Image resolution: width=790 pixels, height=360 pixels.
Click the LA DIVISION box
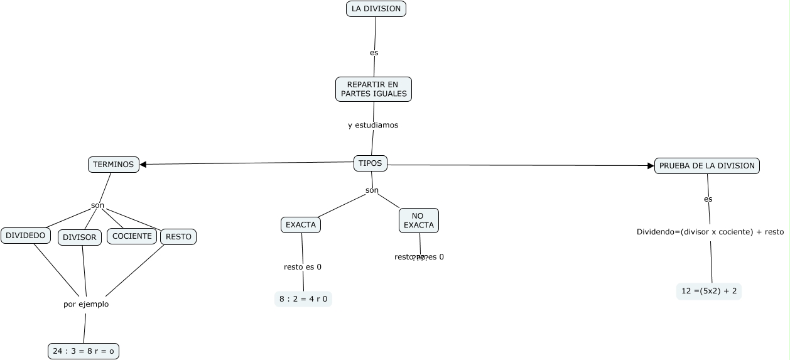pyautogui.click(x=376, y=9)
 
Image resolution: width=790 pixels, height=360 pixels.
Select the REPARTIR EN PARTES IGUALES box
pyautogui.click(x=374, y=89)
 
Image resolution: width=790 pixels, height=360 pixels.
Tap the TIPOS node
pyautogui.click(x=371, y=163)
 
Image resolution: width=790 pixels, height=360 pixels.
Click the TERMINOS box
pyautogui.click(x=113, y=165)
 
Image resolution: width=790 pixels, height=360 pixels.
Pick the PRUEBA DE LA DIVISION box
pyautogui.click(x=706, y=166)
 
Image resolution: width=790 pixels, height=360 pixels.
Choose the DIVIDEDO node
pyautogui.click(x=26, y=236)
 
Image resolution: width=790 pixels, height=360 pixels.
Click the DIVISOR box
pyautogui.click(x=80, y=237)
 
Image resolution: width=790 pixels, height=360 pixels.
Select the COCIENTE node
pyautogui.click(x=132, y=236)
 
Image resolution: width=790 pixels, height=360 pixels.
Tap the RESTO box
pyautogui.click(x=178, y=237)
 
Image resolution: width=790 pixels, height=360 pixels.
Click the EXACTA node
pyautogui.click(x=301, y=224)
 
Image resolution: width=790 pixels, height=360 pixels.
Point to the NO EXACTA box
pyautogui.click(x=418, y=221)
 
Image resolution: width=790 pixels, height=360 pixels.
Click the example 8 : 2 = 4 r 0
pyautogui.click(x=303, y=299)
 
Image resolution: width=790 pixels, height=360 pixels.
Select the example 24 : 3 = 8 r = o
pyautogui.click(x=84, y=351)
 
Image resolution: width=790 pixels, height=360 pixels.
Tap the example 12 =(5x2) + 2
pyautogui.click(x=709, y=292)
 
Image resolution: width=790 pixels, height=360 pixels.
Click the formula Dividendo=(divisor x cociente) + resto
pyautogui.click(x=710, y=232)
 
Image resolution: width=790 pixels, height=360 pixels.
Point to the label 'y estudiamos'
pyautogui.click(x=373, y=125)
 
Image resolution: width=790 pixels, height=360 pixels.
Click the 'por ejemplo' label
pyautogui.click(x=86, y=304)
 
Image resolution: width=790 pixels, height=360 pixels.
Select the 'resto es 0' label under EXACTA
pyautogui.click(x=303, y=267)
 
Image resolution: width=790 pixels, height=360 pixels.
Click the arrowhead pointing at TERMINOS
pyautogui.click(x=143, y=165)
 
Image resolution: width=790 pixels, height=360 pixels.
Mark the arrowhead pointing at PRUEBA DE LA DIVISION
pyautogui.click(x=651, y=166)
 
